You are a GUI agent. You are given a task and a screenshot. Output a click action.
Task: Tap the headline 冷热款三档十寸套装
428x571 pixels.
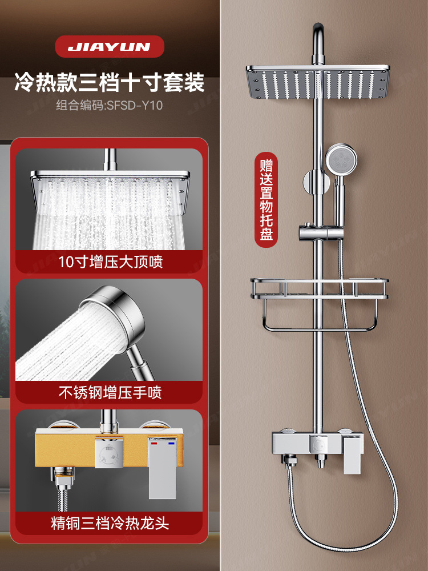pyautogui.click(x=109, y=82)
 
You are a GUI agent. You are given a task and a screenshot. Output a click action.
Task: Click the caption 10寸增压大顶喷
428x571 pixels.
pyautogui.click(x=110, y=262)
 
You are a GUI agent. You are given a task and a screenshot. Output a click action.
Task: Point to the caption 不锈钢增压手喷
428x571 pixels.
pyautogui.click(x=110, y=392)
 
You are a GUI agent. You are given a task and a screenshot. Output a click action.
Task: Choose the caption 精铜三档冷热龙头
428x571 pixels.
pyautogui.click(x=110, y=523)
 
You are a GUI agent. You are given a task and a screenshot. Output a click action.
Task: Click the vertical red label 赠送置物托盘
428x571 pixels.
pyautogui.click(x=266, y=199)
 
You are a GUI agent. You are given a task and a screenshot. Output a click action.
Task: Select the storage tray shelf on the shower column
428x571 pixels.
pyautogui.click(x=319, y=288)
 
